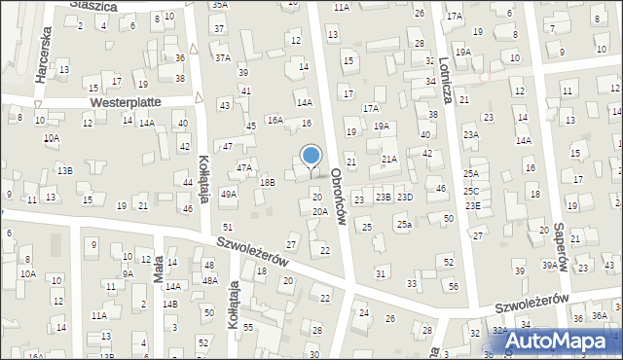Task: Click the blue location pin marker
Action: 311,156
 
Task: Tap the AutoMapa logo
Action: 557,341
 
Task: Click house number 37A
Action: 223,58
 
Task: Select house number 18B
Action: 267,182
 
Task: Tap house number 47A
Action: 243,167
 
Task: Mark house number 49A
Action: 229,195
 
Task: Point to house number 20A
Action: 319,211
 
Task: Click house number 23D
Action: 404,198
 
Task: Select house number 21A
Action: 389,159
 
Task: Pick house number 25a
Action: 403,225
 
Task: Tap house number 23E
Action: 472,205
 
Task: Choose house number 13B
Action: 64,170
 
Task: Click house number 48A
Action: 209,280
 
